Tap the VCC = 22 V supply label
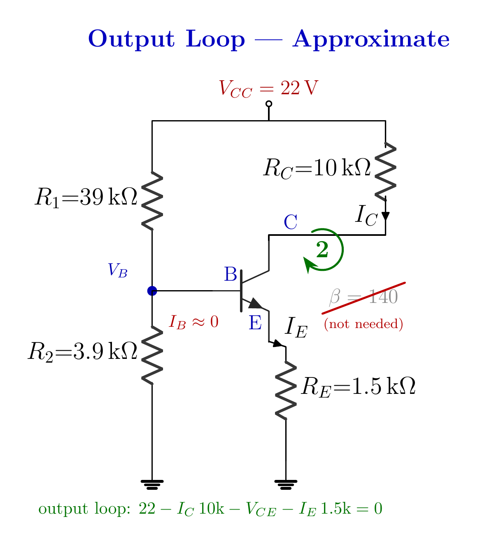pyautogui.click(x=268, y=88)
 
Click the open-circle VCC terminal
pyautogui.click(x=268, y=104)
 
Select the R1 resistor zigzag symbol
pyautogui.click(x=152, y=200)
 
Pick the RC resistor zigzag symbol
pyautogui.click(x=385, y=172)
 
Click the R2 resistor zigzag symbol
pyautogui.click(x=152, y=355)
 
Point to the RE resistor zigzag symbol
pyautogui.click(x=286, y=391)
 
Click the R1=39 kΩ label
pyautogui.click(x=86, y=198)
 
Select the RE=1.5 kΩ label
pyautogui.click(x=358, y=387)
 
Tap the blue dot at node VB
pyautogui.click(x=152, y=291)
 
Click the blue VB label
pyautogui.click(x=117, y=270)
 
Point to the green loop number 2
pyautogui.click(x=322, y=249)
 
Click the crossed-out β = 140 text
pyautogui.click(x=363, y=296)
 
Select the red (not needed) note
pyautogui.click(x=363, y=324)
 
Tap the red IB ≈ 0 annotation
pyautogui.click(x=193, y=322)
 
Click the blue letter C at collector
pyautogui.click(x=290, y=222)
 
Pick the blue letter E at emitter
pyautogui.click(x=255, y=323)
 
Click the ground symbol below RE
pyautogui.click(x=286, y=485)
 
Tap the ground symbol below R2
pyautogui.click(x=152, y=485)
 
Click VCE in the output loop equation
pyautogui.click(x=261, y=509)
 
